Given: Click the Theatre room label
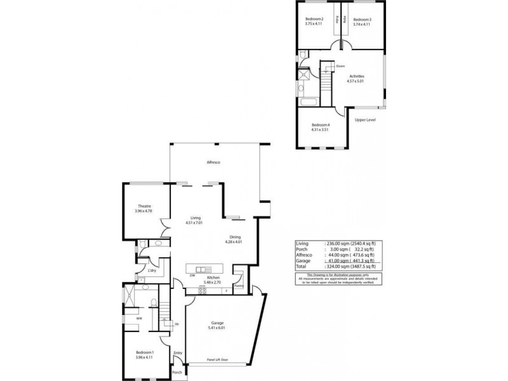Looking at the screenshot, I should tap(142, 204).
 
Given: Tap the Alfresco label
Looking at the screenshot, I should tap(213, 163).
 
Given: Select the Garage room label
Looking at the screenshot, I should tap(217, 323).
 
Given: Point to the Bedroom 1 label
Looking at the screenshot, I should tap(144, 352).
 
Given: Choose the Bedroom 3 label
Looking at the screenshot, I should tap(362, 20).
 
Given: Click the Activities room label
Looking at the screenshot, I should tap(356, 76).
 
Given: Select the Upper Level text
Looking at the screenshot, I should tap(365, 119).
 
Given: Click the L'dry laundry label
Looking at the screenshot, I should tap(152, 271).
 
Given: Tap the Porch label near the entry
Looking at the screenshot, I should tap(177, 372).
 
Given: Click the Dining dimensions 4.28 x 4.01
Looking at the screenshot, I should tap(234, 242).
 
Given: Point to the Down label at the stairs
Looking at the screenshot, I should tap(340, 65).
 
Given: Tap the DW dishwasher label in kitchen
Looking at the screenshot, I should tap(192, 276).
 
